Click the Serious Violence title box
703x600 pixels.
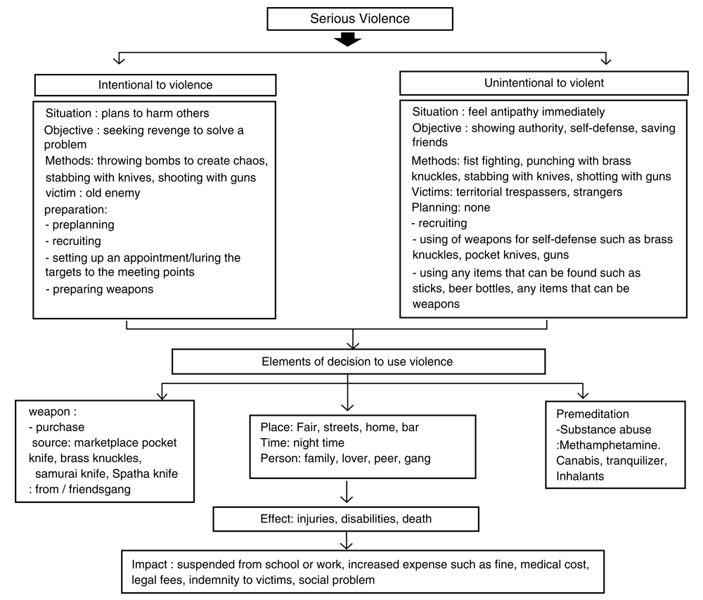tap(359, 19)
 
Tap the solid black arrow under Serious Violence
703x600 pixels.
tap(347, 39)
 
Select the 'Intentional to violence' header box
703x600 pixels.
tap(155, 84)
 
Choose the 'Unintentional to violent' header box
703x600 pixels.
tap(544, 83)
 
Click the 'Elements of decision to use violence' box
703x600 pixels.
tap(359, 362)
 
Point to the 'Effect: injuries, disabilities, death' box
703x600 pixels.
tap(346, 519)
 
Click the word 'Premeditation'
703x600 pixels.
tap(592, 414)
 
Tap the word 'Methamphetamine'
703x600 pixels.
tap(609, 445)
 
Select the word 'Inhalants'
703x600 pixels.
tap(580, 476)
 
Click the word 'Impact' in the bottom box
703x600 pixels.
tap(149, 565)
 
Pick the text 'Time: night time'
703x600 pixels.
tap(302, 443)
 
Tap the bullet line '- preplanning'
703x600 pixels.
tap(80, 224)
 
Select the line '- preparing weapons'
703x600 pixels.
tap(100, 289)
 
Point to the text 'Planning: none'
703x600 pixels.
tap(451, 208)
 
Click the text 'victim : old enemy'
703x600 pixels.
tap(93, 193)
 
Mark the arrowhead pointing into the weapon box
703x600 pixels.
tap(162, 395)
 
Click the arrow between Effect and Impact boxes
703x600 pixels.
tap(346, 540)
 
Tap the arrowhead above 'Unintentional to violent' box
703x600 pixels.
tap(606, 60)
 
